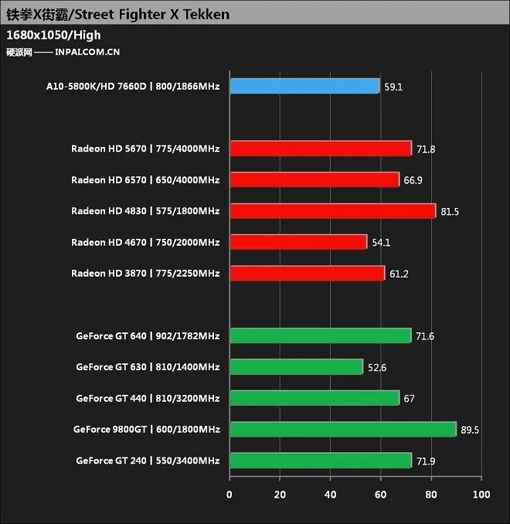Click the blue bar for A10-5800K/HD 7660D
click(304, 87)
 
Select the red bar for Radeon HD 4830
click(333, 211)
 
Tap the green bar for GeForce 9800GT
click(343, 430)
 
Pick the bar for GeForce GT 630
click(297, 367)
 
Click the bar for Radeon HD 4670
click(298, 242)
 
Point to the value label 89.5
click(470, 430)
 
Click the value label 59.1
click(393, 87)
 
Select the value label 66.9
click(413, 180)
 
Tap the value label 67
click(409, 399)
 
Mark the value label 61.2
click(399, 274)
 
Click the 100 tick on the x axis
click(481, 495)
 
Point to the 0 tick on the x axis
click(229, 495)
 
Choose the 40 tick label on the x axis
click(330, 495)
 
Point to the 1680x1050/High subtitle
click(53, 36)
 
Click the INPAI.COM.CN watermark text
click(87, 52)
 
